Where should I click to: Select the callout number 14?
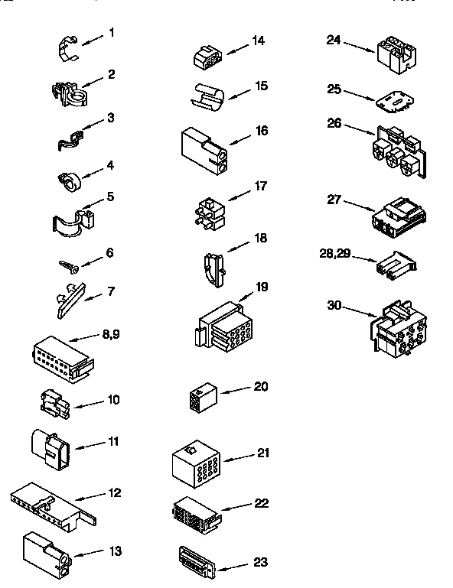point(259,41)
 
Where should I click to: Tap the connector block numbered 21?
point(197,463)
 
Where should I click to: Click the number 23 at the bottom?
point(260,562)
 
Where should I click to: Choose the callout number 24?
point(333,40)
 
